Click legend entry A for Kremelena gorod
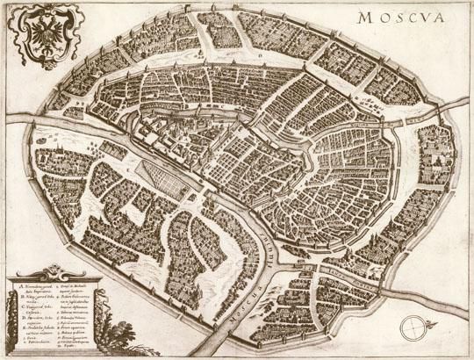point(35,288)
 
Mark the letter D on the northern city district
point(261,54)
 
